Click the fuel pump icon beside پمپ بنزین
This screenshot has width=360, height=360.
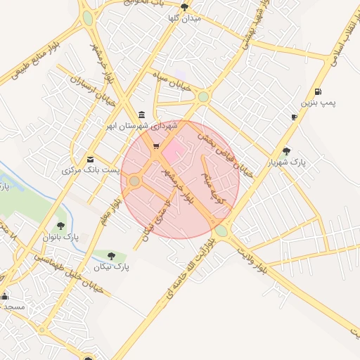point(319,91)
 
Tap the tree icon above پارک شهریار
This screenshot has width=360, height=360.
point(286,150)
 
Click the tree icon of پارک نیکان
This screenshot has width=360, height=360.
point(112,256)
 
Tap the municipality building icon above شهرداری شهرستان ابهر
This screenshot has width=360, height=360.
point(142,115)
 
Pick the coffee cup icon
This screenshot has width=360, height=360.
point(294,117)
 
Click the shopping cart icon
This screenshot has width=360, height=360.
point(155,147)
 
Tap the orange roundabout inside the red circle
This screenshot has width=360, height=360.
point(134,181)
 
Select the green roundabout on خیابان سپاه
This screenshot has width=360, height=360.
point(204,97)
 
